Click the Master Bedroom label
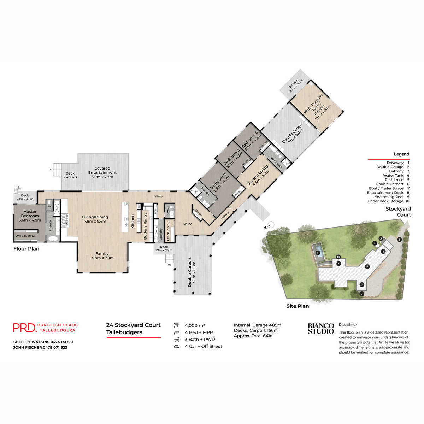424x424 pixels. [x=30, y=214]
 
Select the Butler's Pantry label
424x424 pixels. [x=146, y=226]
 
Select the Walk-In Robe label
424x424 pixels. [x=25, y=236]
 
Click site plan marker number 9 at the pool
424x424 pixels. [x=318, y=253]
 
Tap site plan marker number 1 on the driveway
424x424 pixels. [x=399, y=239]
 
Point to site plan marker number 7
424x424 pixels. [x=361, y=294]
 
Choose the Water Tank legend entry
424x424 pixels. [x=393, y=176]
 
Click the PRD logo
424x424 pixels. [x=24, y=328]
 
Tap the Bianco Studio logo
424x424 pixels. [x=321, y=329]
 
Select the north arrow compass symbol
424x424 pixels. [x=270, y=225]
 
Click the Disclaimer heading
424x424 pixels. [x=348, y=325]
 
